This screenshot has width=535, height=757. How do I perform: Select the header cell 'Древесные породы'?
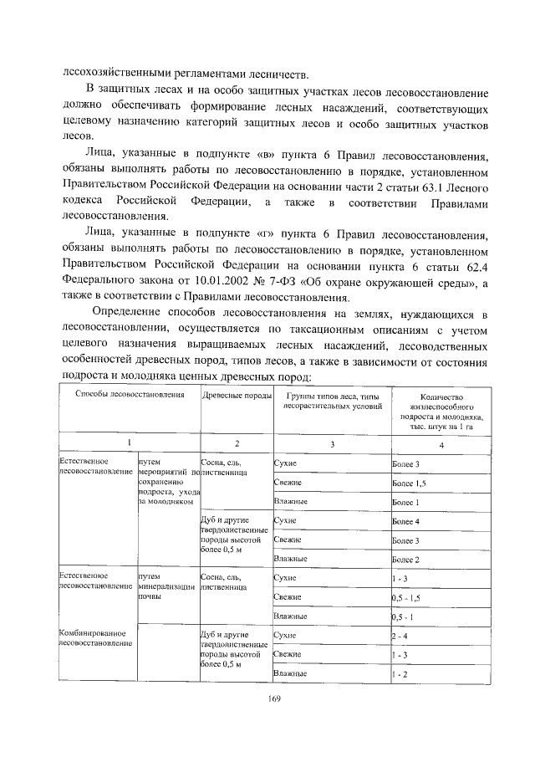(237, 394)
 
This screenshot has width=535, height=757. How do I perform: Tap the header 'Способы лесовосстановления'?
(129, 394)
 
